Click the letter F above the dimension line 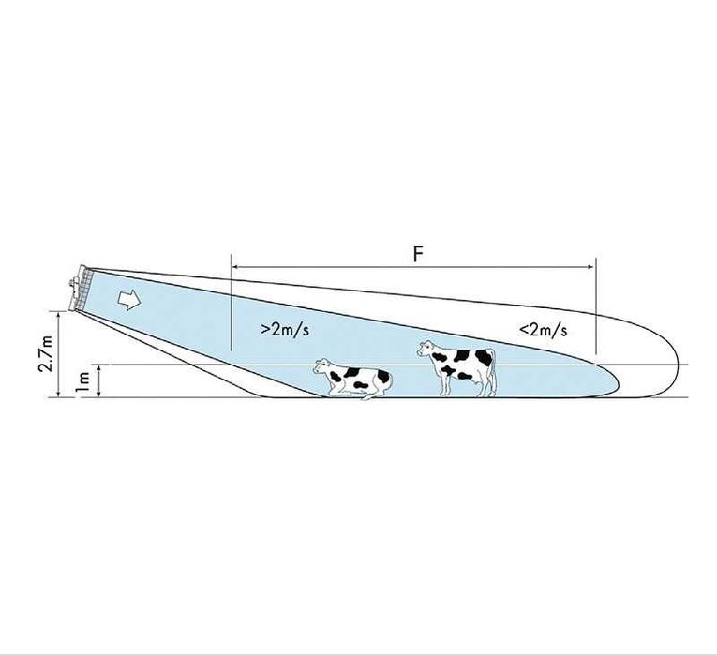[417, 254]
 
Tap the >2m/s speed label [285, 330]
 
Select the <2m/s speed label [544, 330]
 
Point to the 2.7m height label [46, 354]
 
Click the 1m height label [82, 381]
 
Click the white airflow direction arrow [130, 300]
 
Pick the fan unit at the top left [80, 288]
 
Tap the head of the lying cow [321, 366]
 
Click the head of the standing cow [426, 349]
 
